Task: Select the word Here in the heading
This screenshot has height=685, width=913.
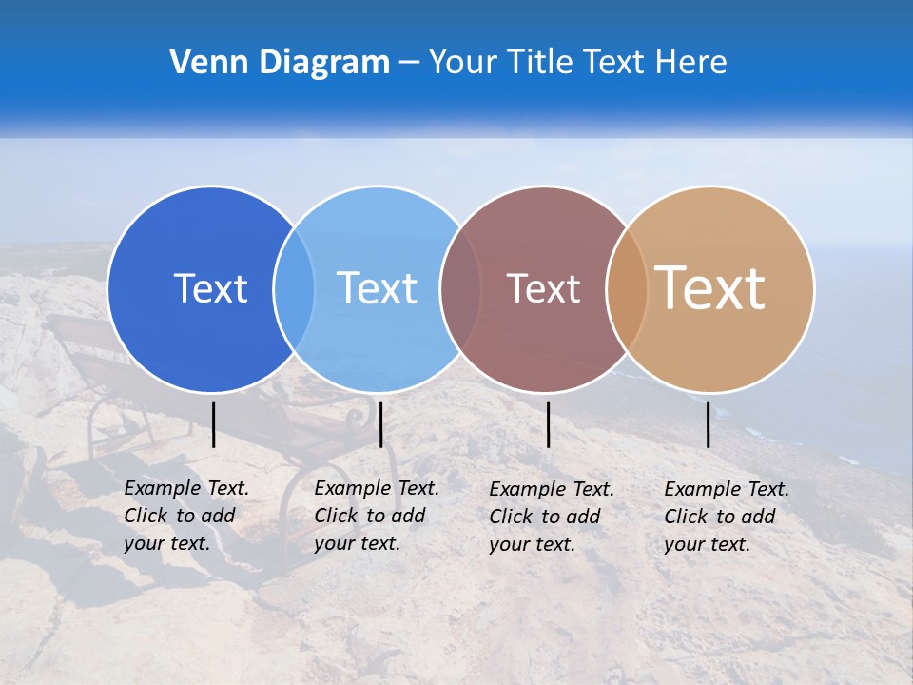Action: [x=690, y=63]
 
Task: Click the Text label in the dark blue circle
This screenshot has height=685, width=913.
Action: [x=210, y=288]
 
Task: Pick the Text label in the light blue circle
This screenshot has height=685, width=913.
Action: [x=377, y=288]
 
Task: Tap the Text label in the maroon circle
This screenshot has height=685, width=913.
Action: [x=543, y=288]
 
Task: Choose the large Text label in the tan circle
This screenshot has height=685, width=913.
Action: [x=710, y=288]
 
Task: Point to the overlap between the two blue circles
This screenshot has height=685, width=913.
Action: [x=294, y=288]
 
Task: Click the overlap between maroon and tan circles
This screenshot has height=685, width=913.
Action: [x=627, y=288]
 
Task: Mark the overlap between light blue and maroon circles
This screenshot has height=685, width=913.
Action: [x=460, y=288]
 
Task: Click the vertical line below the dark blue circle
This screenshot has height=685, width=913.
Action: [x=213, y=424]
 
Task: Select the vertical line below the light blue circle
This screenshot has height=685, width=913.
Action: [x=380, y=424]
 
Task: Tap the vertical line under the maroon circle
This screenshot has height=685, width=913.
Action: [x=548, y=424]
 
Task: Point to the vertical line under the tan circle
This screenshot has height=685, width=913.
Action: [x=708, y=424]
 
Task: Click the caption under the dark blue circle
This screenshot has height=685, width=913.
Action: [x=185, y=516]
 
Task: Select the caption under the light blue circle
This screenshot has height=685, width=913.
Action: [x=376, y=516]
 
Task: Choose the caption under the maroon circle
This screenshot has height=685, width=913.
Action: [x=551, y=517]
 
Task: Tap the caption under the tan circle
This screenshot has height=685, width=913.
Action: [x=726, y=517]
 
